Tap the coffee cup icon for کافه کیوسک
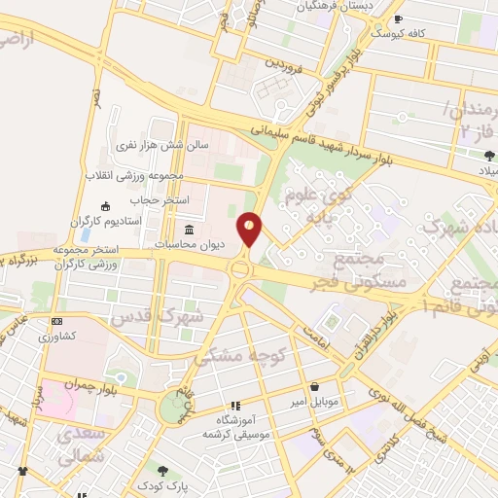pyautogui.click(x=397, y=19)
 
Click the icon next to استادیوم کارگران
pyautogui.click(x=104, y=205)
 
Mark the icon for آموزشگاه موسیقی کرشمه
pyautogui.click(x=234, y=406)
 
